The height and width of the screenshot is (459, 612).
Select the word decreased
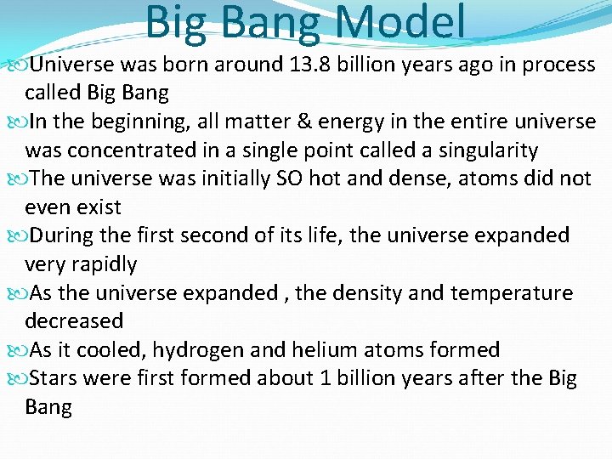tap(74, 321)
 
